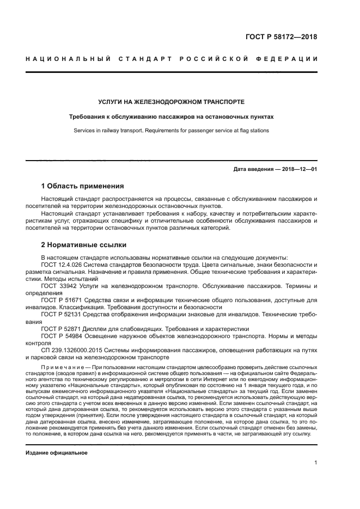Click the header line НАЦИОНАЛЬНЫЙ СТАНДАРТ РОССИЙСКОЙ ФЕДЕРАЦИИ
click(x=172, y=59)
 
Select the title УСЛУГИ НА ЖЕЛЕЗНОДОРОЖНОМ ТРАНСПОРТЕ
click(x=171, y=102)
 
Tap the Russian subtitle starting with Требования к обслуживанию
click(x=171, y=116)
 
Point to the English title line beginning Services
click(x=171, y=131)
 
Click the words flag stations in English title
click(x=253, y=131)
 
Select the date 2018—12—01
click(x=297, y=170)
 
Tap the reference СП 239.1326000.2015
click(x=69, y=350)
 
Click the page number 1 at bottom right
click(x=315, y=463)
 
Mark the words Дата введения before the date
click(x=252, y=170)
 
